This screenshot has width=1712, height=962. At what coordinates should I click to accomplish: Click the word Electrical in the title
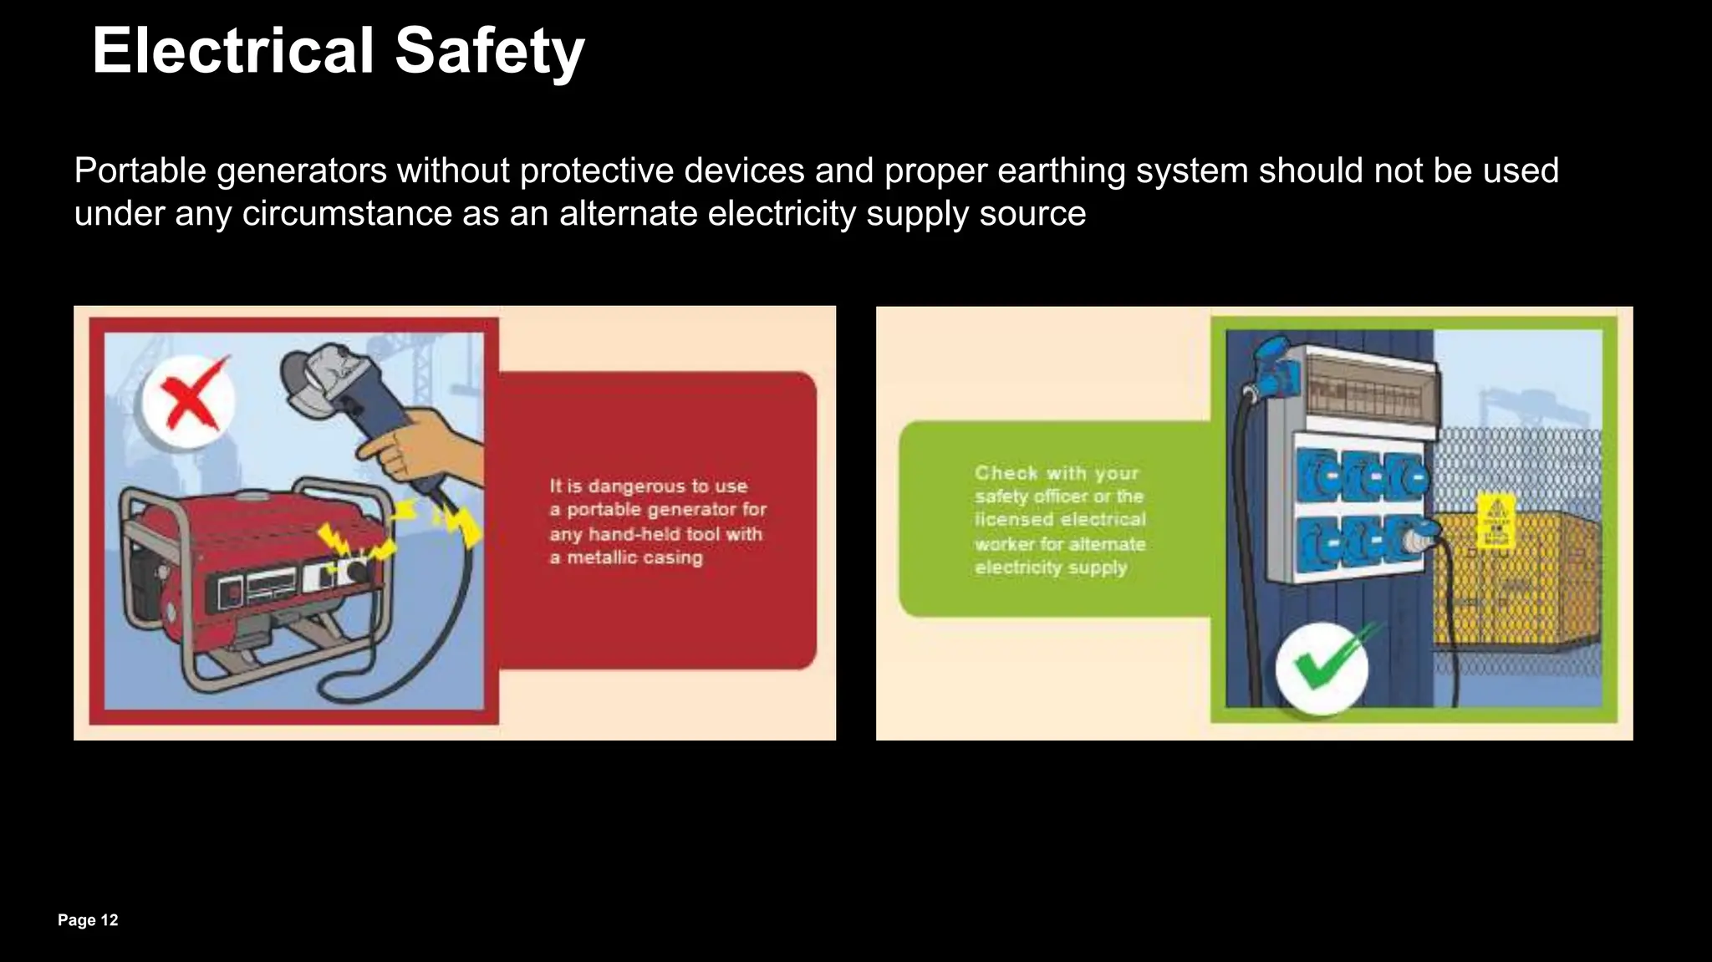232,51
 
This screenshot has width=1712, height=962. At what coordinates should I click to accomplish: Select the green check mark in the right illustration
1322,666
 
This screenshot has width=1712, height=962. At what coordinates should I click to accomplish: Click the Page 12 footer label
88,920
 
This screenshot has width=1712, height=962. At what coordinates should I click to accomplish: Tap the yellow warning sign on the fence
1495,521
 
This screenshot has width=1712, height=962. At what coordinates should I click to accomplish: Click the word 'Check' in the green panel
1006,473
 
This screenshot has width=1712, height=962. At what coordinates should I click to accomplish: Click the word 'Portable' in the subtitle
140,171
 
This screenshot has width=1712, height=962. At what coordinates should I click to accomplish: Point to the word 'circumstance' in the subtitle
347,214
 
